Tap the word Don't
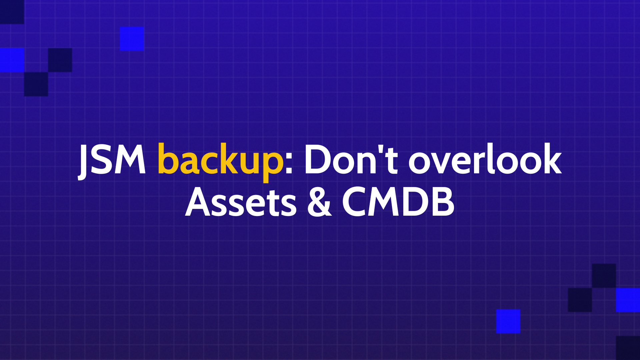point(351,159)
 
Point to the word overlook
point(485,159)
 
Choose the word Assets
point(241,201)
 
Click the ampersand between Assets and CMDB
point(319,201)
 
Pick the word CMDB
point(398,201)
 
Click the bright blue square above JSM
point(132,39)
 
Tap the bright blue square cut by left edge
point(12,60)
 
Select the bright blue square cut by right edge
point(628,300)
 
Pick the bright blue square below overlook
point(508,321)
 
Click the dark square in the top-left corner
point(12,12)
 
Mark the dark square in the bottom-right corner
point(628,348)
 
